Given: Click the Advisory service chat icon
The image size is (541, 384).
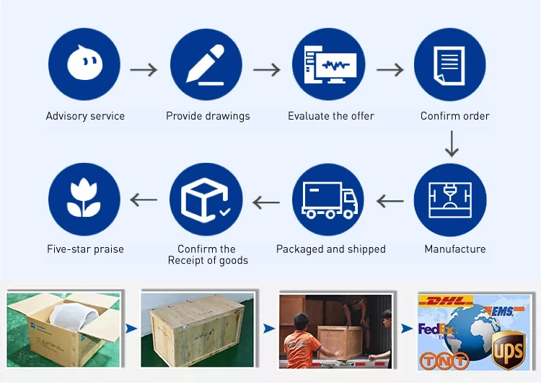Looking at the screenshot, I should click(x=85, y=64).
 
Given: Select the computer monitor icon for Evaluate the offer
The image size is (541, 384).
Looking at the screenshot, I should click(x=328, y=64).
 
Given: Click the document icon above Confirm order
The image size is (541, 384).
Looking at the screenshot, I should click(x=450, y=64).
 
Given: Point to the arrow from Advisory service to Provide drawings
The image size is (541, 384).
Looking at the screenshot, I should click(x=144, y=70).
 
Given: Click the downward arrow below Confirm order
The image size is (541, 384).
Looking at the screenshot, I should click(x=452, y=143).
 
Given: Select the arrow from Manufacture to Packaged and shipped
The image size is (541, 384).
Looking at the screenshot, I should click(x=390, y=201).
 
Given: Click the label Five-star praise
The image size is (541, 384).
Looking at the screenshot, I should click(x=85, y=249).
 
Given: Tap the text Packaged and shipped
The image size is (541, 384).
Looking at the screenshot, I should click(x=330, y=249).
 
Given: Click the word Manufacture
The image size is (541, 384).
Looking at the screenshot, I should click(x=454, y=249).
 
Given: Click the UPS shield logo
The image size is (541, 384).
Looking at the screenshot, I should click(x=508, y=353).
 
